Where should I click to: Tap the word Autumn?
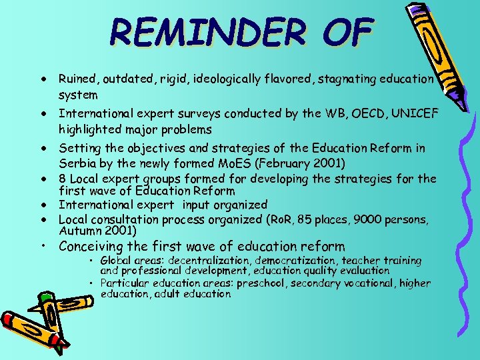pos(79,231)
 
